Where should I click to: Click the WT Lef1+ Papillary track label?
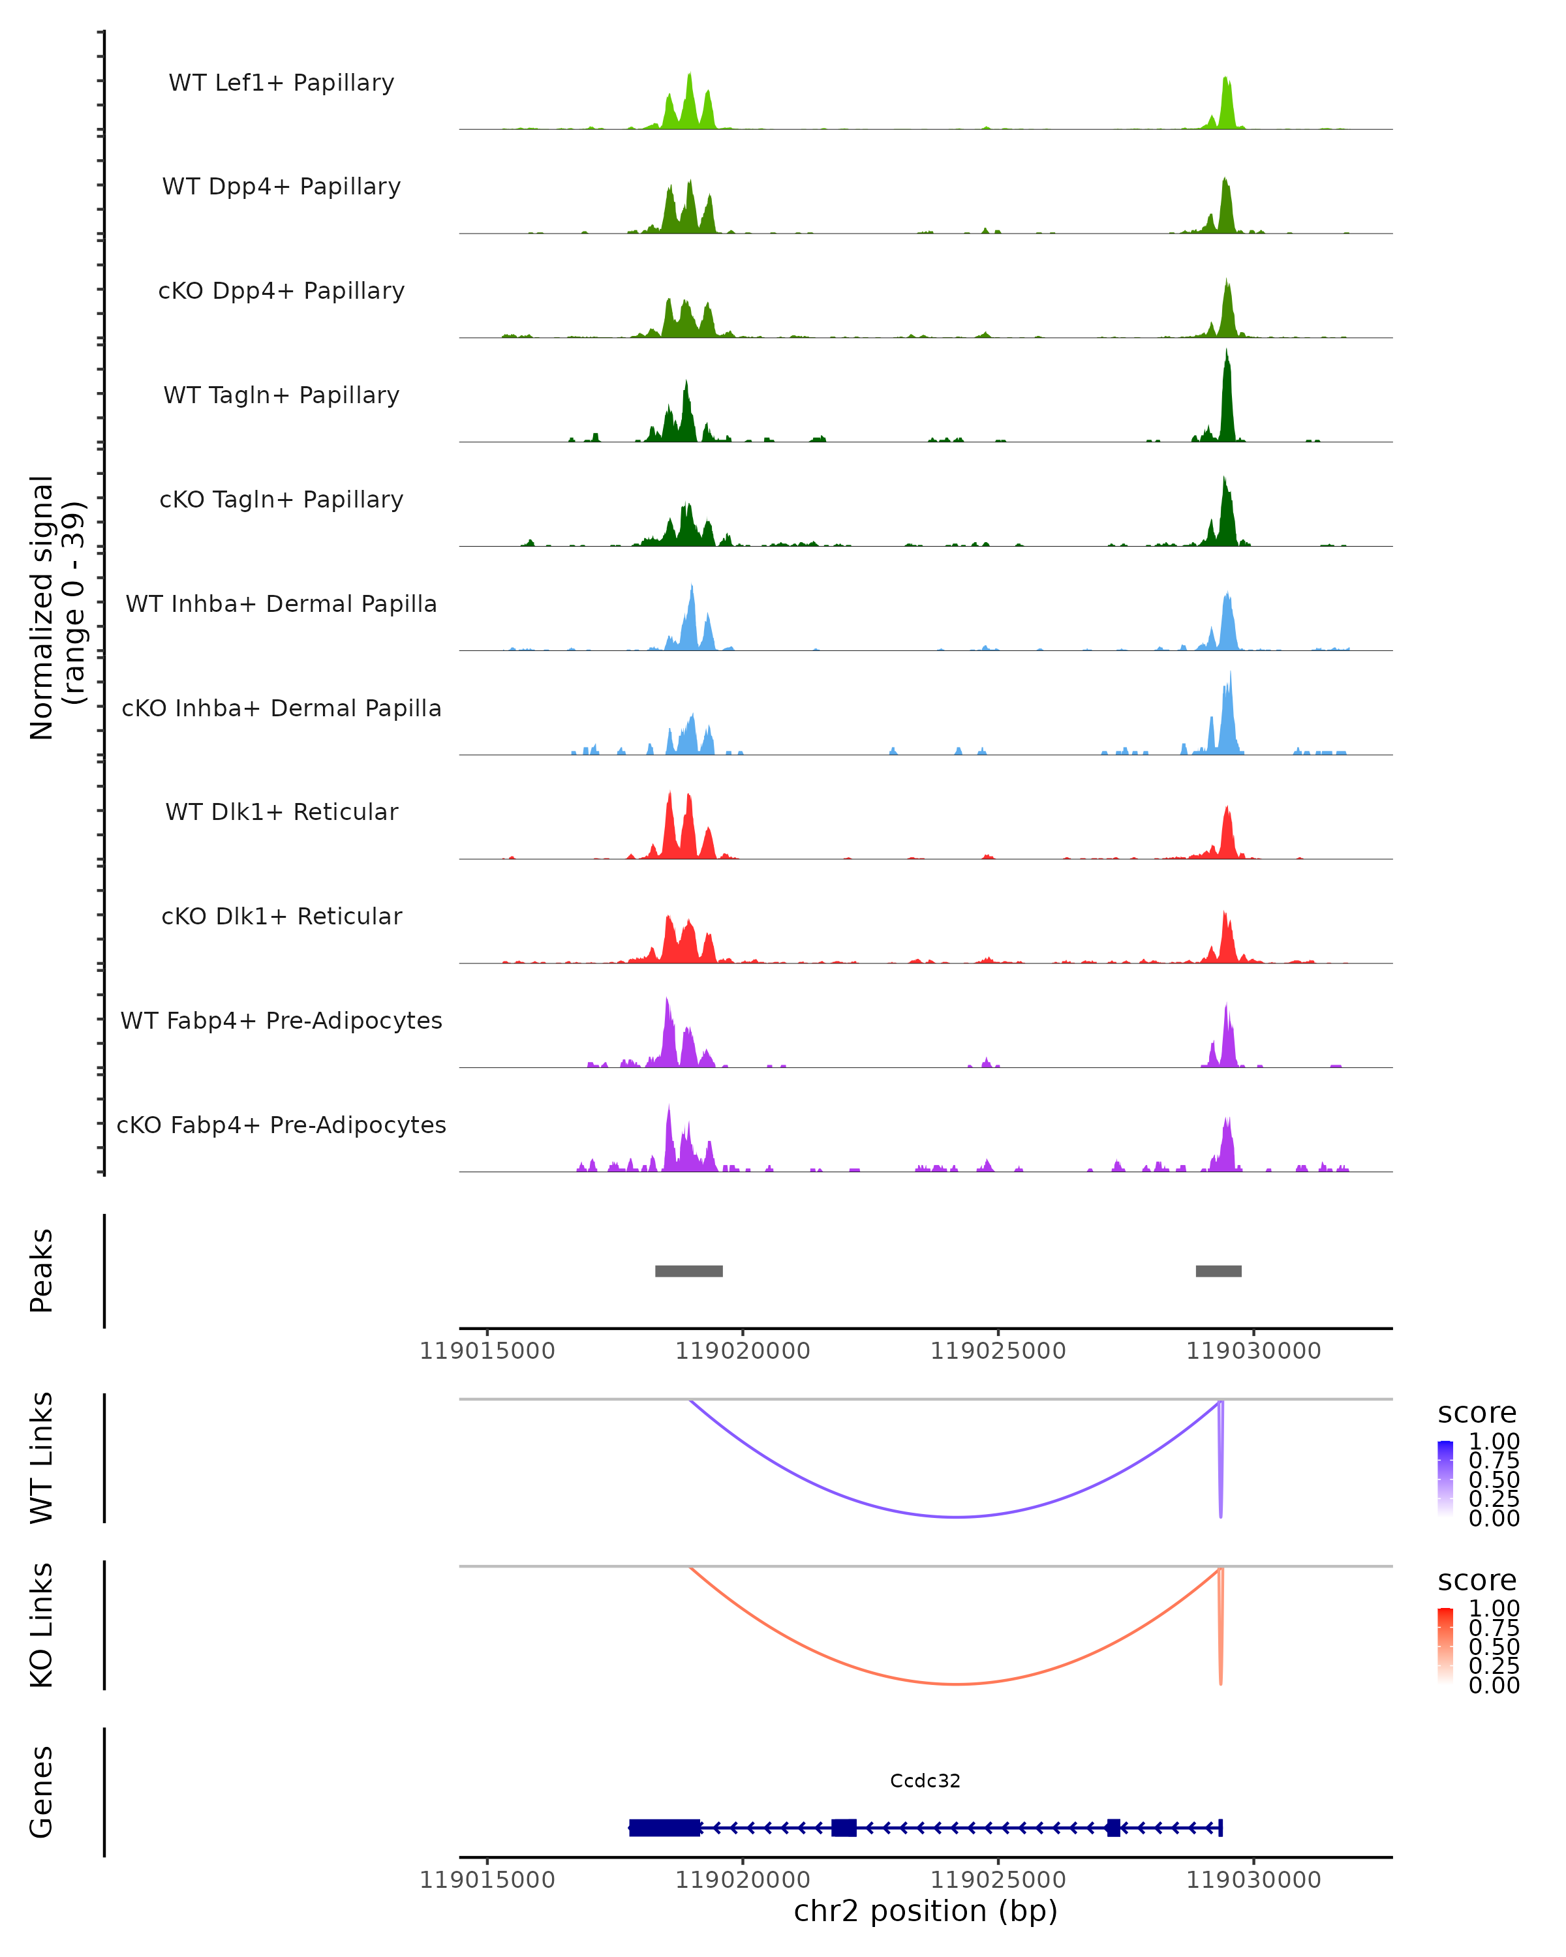(x=281, y=83)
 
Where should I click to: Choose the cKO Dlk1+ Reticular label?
(x=281, y=916)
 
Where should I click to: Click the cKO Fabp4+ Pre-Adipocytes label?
(x=281, y=1125)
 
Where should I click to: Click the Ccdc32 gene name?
(x=925, y=1781)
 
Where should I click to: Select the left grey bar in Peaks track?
(x=689, y=1271)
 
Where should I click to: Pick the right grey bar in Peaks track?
(x=1218, y=1271)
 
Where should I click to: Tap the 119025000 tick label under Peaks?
(x=998, y=1351)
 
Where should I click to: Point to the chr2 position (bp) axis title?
(x=925, y=1911)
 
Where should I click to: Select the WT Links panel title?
(x=42, y=1458)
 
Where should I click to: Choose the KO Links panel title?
(x=42, y=1625)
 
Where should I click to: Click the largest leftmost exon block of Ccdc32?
(x=664, y=1827)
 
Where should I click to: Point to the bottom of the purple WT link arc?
(x=956, y=1517)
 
